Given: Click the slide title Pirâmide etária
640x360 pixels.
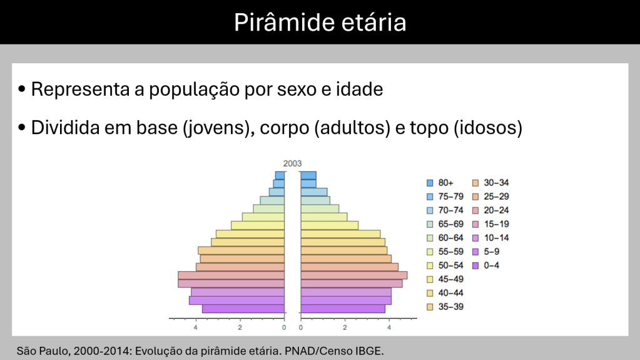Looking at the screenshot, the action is coord(320,22).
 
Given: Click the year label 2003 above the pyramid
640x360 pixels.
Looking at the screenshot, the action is coord(292,163).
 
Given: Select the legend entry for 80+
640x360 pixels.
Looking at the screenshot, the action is coord(440,183).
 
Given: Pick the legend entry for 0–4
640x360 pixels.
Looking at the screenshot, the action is coord(485,265).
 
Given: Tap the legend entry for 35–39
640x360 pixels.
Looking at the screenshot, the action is coord(445,307).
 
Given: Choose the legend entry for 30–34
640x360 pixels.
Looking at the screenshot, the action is coord(490,183).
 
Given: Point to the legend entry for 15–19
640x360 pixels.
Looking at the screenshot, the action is coord(490,224).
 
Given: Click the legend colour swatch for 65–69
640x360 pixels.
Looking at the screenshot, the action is coord(430,224).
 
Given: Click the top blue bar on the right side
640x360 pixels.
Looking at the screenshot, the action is coord(308,176).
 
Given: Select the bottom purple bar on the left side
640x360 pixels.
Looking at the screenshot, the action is coord(243,309).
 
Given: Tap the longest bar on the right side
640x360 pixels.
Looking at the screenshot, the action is coord(354,275).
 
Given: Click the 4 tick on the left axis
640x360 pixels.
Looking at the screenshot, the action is coord(196,327).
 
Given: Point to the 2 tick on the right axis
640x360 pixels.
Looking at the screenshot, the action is coord(345,327).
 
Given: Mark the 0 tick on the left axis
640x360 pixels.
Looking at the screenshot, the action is coord(284,327).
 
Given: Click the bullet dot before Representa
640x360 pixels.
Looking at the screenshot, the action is coord(22,89).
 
